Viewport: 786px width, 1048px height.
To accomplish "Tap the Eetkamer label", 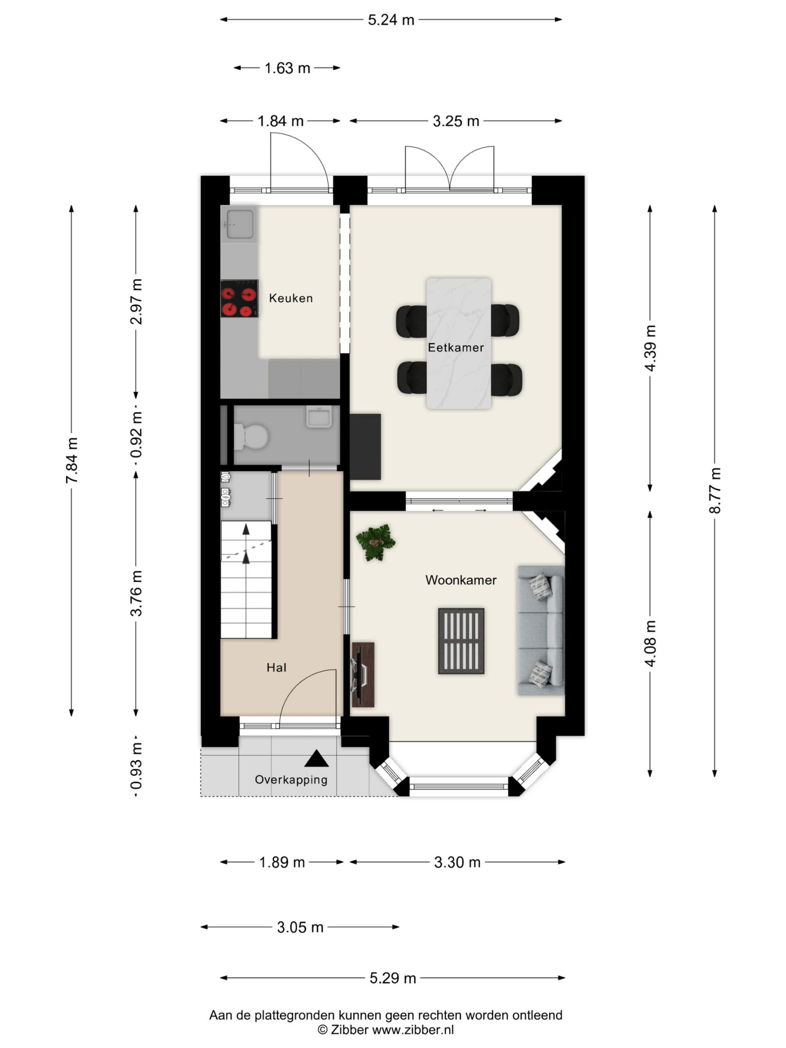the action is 456,347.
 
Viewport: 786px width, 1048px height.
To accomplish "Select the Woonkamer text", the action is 461,580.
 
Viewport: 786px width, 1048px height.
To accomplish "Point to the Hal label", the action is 276,668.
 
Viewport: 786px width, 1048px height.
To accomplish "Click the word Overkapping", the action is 291,780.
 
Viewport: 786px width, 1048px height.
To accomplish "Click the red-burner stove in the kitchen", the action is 239,298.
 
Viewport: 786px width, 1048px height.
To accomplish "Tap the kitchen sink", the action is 239,224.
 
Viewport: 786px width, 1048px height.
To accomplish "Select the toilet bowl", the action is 251,436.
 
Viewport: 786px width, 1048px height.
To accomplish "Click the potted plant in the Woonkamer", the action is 376,542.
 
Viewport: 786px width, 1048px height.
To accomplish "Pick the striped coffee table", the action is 461,641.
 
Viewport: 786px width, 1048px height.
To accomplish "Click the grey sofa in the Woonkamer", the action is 541,630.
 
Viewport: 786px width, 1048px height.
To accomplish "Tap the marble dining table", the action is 458,343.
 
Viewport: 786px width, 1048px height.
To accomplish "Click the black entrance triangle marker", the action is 316,759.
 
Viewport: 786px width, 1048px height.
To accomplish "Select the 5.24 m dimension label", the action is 391,20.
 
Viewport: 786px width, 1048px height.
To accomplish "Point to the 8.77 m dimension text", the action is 714,490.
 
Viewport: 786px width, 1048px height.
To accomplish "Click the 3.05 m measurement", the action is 300,927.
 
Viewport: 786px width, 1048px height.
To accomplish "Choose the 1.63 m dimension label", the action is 287,68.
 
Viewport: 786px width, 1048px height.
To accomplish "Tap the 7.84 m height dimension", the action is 72,461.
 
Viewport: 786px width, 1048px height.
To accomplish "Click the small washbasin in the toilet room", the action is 319,417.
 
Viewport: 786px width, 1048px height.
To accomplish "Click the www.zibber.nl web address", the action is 413,1029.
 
